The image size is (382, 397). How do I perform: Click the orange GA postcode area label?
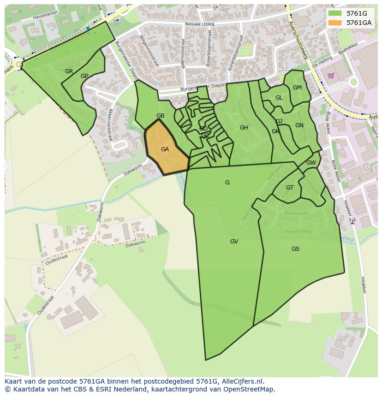click(x=165, y=149)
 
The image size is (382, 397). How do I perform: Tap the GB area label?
click(x=160, y=116)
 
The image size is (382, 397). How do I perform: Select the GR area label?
click(x=69, y=71)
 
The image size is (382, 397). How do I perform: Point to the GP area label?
click(x=84, y=76)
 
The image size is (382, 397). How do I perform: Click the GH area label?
click(x=244, y=128)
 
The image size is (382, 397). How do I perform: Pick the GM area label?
click(x=297, y=88)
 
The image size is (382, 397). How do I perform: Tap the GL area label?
click(x=279, y=98)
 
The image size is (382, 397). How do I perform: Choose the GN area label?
click(x=299, y=125)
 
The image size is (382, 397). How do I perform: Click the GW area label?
click(x=311, y=163)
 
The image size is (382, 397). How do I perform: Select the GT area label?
click(x=290, y=188)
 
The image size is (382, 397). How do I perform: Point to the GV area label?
click(x=234, y=242)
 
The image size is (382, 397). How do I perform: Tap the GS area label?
click(x=295, y=249)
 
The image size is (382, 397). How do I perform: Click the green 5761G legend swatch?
click(x=335, y=13)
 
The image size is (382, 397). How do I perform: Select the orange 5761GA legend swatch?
click(x=335, y=23)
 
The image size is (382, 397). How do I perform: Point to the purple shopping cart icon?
click(x=330, y=76)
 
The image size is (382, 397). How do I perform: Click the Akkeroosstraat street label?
click(x=109, y=125)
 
